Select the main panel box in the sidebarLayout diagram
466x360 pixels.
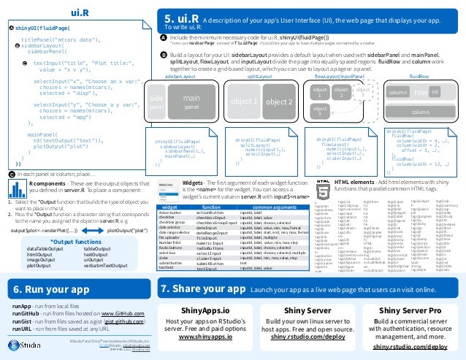point(191,102)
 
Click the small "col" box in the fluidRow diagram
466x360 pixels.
point(435,93)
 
